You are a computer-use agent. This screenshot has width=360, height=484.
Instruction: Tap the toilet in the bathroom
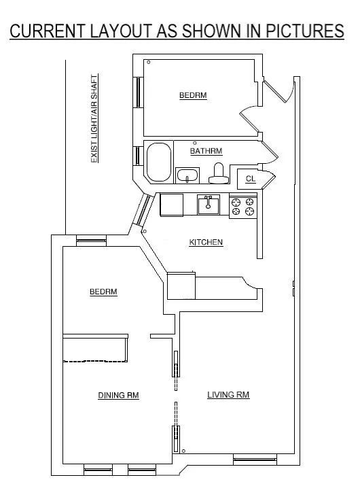click(x=218, y=174)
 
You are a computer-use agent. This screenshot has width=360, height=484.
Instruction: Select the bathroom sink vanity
click(x=187, y=176)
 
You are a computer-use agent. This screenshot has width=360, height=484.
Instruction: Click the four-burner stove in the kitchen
click(x=243, y=206)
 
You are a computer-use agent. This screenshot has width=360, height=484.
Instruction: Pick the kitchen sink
click(x=209, y=204)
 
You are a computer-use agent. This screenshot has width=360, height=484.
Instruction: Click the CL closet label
click(x=251, y=179)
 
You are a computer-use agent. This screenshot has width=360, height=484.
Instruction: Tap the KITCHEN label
click(x=206, y=242)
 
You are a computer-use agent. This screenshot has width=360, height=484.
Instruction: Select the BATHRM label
click(x=206, y=151)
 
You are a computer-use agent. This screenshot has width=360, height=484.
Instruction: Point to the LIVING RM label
click(x=228, y=394)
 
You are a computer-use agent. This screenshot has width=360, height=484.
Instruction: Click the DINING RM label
click(x=118, y=395)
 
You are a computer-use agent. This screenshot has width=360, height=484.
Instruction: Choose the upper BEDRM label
click(x=192, y=96)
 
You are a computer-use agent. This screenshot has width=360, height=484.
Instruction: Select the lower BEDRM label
click(x=103, y=292)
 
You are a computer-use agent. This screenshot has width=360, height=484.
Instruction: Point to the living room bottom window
click(x=255, y=460)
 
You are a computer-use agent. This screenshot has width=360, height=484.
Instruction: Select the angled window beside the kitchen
click(x=143, y=211)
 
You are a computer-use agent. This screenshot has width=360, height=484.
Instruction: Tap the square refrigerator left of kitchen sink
click(x=171, y=204)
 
